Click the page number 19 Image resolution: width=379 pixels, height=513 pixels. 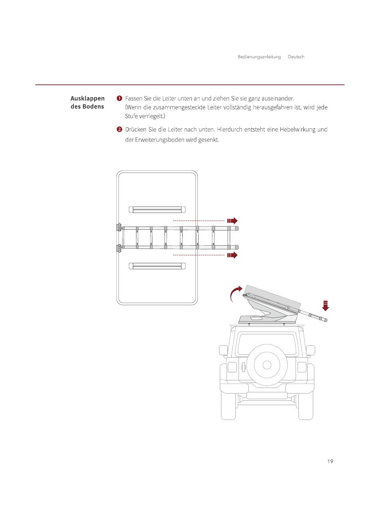tap(330, 461)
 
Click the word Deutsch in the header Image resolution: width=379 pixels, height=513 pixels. tap(296, 57)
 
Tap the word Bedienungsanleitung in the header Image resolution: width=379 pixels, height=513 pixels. tap(259, 57)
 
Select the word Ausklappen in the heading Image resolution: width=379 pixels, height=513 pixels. tap(87, 98)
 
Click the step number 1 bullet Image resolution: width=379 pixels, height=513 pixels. tap(119, 98)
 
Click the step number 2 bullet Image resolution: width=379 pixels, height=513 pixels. tap(119, 129)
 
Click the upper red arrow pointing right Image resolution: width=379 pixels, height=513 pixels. tap(232, 221)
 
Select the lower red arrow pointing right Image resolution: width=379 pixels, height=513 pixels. tap(232, 255)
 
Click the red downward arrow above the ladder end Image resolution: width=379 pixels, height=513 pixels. tap(326, 306)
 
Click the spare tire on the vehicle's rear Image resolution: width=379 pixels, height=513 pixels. tap(267, 364)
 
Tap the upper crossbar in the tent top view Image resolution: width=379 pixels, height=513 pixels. tap(157, 209)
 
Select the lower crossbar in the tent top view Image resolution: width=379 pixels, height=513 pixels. tap(157, 266)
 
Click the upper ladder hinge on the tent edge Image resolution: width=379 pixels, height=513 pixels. tap(119, 228)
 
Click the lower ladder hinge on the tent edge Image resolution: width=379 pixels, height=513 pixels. tap(119, 249)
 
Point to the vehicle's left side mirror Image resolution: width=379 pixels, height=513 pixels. tap(223, 350)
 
